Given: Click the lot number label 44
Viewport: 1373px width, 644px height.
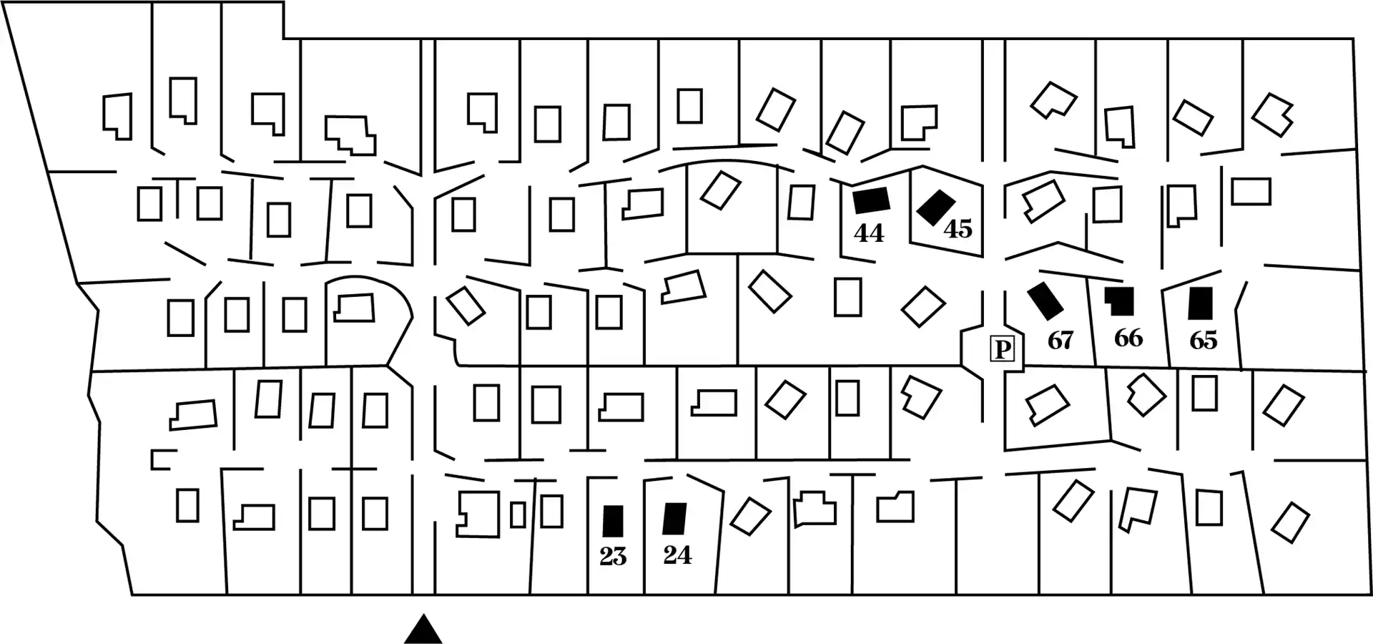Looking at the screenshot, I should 869,233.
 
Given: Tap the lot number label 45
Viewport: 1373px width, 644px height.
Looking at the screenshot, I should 958,229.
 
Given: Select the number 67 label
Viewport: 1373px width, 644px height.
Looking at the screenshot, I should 1060,341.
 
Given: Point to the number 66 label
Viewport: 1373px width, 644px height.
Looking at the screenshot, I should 1128,338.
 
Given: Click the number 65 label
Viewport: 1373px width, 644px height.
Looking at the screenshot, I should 1203,341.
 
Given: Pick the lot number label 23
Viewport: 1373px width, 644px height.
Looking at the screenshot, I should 613,557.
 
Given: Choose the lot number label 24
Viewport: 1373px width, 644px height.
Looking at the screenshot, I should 677,555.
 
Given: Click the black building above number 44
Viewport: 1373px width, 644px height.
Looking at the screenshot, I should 871,200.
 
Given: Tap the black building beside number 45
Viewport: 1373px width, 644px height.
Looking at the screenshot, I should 936,207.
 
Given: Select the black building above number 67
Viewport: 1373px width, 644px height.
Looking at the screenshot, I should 1045,301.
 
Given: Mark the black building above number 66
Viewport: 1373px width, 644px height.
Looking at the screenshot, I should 1121,301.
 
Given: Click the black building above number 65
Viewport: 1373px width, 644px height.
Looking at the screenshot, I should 1200,303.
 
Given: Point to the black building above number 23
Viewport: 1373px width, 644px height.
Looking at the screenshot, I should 613,521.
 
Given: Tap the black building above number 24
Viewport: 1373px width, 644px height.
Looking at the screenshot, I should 674,519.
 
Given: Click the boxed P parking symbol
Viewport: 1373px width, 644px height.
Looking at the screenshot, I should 1003,349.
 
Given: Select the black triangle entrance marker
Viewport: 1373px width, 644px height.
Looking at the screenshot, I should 423,630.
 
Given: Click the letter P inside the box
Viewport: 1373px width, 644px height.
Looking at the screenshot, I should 1003,349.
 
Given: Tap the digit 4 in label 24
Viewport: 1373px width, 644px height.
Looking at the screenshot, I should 684,555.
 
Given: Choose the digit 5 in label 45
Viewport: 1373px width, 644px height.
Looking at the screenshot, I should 965,229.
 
